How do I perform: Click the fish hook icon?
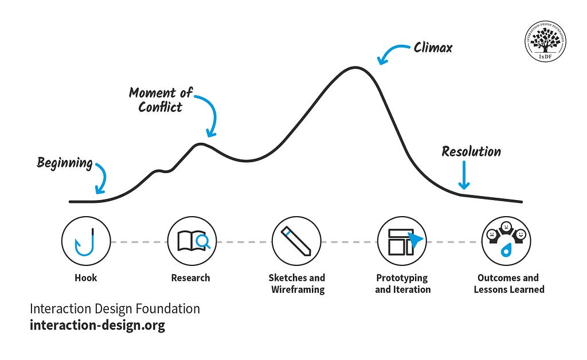pos(85,241)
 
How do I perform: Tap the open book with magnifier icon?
pos(191,241)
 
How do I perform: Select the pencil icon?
pos(296,241)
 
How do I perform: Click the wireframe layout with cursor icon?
pos(402,241)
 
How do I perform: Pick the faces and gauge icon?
pos(506,241)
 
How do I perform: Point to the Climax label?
pos(433,48)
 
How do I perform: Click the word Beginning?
pos(65,163)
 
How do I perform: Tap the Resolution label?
pos(471,152)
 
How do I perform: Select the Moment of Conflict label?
pos(161,100)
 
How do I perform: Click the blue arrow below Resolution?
pos(464,176)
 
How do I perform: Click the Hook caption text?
pos(85,278)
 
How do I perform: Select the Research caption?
pos(191,278)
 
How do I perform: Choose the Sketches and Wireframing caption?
pos(296,284)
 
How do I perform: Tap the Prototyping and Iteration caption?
pos(402,284)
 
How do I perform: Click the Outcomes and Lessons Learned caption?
pos(508,284)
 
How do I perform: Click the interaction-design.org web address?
pos(97,326)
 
